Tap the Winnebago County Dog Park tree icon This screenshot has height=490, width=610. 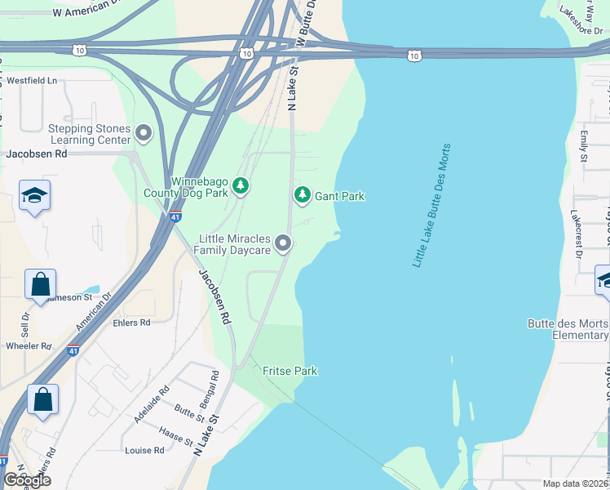tap(241, 186)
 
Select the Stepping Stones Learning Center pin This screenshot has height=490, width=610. tap(144, 132)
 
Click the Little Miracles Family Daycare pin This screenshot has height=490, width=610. tap(283, 243)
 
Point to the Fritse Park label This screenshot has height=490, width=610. tap(290, 371)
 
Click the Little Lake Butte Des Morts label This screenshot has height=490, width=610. tap(431, 206)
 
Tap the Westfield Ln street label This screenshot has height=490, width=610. tap(32, 81)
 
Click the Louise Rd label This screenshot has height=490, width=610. tap(144, 450)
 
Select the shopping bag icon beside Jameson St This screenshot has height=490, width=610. tap(40, 286)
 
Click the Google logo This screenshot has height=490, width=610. tap(27, 479)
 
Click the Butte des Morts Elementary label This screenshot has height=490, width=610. tap(568, 329)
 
